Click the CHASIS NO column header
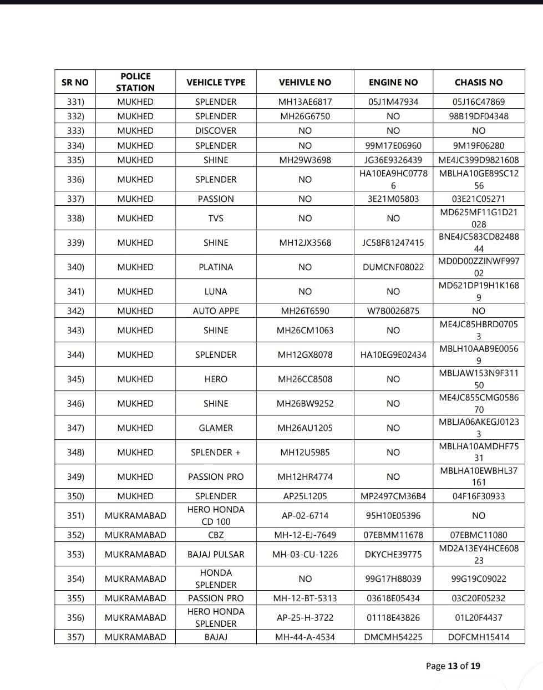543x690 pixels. [478, 82]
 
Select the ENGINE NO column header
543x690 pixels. [393, 82]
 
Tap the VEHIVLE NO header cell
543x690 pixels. [305, 82]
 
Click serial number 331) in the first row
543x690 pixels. [75, 102]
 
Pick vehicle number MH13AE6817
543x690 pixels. [305, 102]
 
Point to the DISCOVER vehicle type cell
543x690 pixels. [216, 130]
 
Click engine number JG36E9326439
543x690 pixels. [393, 160]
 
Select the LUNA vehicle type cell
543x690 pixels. [216, 291]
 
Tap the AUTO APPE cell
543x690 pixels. [216, 311]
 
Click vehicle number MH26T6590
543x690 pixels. [305, 311]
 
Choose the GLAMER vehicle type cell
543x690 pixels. [216, 428]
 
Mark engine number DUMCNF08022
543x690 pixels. [393, 267]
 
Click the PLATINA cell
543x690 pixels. [216, 267]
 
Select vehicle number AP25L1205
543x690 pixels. [305, 496]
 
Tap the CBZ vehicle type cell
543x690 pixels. [216, 535]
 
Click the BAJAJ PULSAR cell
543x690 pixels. [216, 554]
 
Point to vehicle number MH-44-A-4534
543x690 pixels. [305, 637]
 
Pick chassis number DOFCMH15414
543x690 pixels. [478, 637]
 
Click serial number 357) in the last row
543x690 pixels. [75, 637]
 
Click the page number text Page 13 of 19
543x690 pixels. [453, 666]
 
